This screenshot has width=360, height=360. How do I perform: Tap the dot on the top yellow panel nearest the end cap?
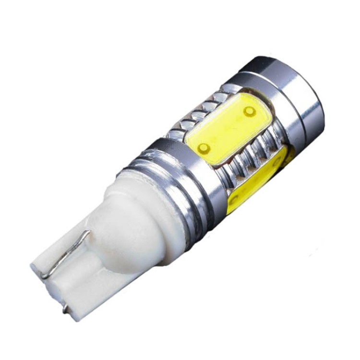pos(249,111)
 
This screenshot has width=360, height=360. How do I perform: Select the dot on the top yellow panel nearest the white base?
pos(204,147)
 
